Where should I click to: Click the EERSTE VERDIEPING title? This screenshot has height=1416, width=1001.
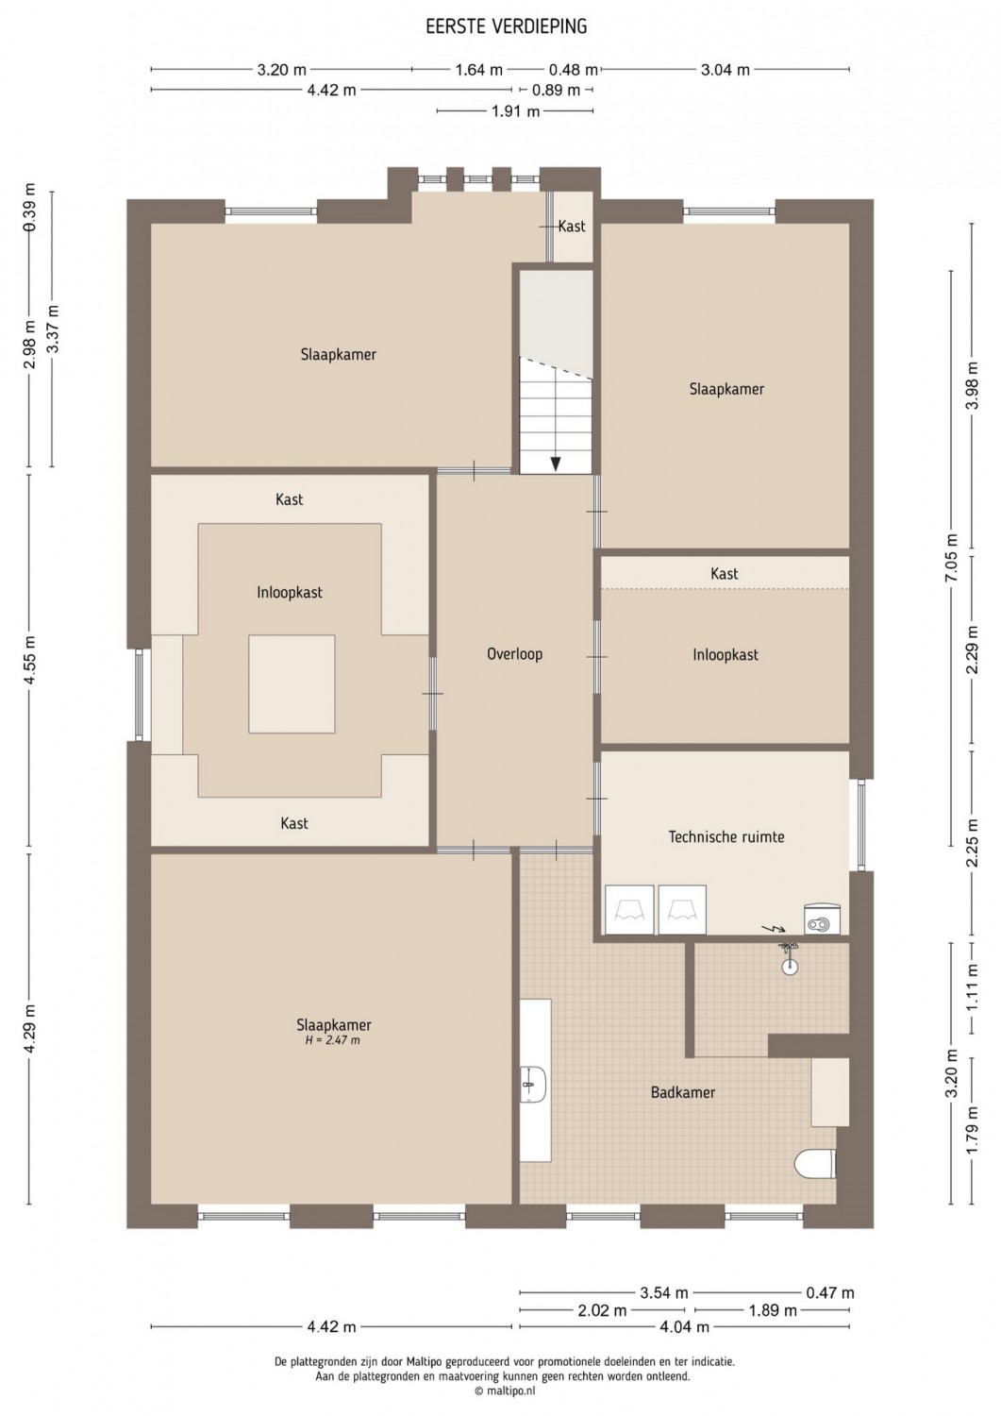[507, 25]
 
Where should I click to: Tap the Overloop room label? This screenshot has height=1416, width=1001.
[514, 654]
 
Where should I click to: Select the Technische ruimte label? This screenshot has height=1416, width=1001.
[726, 837]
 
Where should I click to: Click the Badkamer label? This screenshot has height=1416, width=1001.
[682, 1092]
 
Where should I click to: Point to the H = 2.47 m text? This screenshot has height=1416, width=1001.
[332, 1040]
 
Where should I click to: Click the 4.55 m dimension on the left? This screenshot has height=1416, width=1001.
[29, 660]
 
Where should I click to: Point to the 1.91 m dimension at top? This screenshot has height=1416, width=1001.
[516, 112]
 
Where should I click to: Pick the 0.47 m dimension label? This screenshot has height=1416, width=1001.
[829, 1293]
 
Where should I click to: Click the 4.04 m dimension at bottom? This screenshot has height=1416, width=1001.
[684, 1327]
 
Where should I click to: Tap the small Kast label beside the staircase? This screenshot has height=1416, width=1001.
[572, 227]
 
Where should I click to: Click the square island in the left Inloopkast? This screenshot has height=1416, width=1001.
[292, 684]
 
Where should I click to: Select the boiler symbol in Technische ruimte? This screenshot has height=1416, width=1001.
[823, 919]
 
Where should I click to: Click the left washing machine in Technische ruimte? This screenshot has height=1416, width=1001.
[629, 910]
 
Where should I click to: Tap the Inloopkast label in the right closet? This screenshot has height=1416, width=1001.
[726, 655]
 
